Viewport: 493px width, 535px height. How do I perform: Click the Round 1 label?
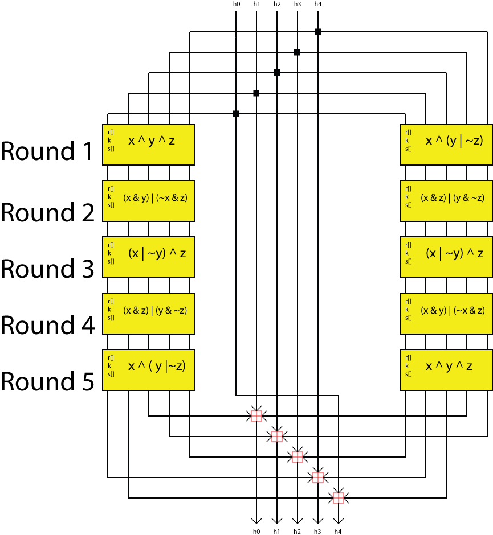click(46, 151)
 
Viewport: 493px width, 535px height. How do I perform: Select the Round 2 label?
click(47, 212)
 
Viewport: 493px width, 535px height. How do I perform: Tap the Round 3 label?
click(47, 268)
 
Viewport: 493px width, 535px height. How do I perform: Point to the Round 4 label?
click(47, 324)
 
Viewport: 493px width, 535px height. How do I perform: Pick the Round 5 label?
click(47, 381)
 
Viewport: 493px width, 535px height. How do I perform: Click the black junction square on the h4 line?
click(317, 32)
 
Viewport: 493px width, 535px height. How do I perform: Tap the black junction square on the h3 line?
click(297, 52)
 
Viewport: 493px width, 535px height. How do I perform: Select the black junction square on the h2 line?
click(277, 73)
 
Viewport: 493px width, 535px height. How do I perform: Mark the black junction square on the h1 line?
click(256, 93)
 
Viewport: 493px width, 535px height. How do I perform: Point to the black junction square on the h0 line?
click(236, 113)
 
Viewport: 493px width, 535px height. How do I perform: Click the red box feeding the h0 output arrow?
click(256, 416)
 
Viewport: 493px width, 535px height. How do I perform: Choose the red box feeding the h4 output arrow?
click(338, 498)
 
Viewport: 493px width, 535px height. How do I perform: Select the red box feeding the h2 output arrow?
click(297, 457)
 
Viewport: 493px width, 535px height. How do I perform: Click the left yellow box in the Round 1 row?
click(149, 145)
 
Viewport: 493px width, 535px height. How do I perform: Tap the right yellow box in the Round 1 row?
click(446, 145)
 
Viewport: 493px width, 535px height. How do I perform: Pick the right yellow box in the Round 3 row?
click(446, 257)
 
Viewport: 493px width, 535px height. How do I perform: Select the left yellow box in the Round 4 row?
click(149, 314)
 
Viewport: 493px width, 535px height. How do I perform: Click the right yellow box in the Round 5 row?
click(446, 370)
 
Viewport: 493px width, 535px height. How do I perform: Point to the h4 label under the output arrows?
click(338, 531)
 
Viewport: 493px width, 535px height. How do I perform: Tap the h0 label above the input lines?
click(236, 5)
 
